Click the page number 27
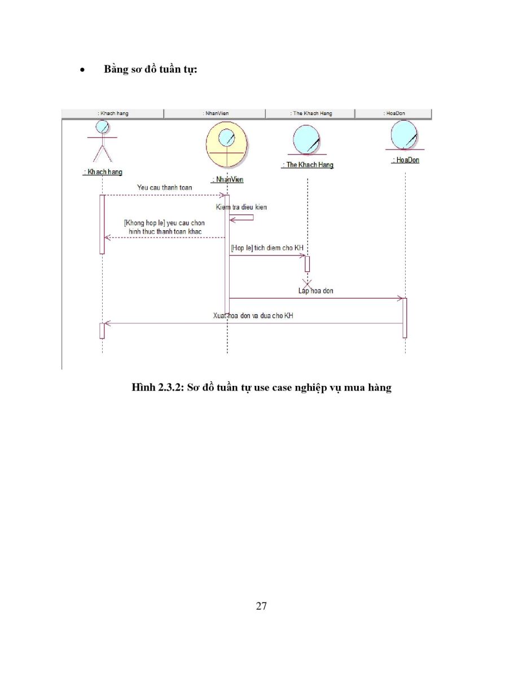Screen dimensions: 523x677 click(261, 606)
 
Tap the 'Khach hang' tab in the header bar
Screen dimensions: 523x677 click(113, 113)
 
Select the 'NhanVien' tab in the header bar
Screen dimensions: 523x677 click(214, 113)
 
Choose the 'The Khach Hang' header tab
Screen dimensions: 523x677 click(310, 113)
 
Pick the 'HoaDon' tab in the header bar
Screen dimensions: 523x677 click(393, 113)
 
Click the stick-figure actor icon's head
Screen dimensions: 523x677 click(102, 127)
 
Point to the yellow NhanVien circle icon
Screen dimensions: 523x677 click(227, 145)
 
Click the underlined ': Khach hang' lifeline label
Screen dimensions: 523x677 click(103, 172)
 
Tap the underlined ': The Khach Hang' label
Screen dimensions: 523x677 click(307, 165)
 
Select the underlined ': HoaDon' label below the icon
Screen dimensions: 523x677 click(405, 160)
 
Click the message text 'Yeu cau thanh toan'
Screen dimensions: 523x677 click(165, 187)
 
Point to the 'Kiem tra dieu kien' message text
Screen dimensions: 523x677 click(241, 207)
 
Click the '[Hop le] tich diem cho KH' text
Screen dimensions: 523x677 click(267, 248)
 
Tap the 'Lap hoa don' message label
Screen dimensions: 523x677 click(316, 291)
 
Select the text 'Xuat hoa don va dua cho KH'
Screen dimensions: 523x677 click(253, 315)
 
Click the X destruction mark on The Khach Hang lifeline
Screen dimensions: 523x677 click(307, 284)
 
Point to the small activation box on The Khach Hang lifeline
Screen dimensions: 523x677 click(307, 264)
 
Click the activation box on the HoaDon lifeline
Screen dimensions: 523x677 click(405, 318)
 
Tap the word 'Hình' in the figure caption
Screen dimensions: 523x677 click(143, 387)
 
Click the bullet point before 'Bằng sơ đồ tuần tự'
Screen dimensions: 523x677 click(82, 71)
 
